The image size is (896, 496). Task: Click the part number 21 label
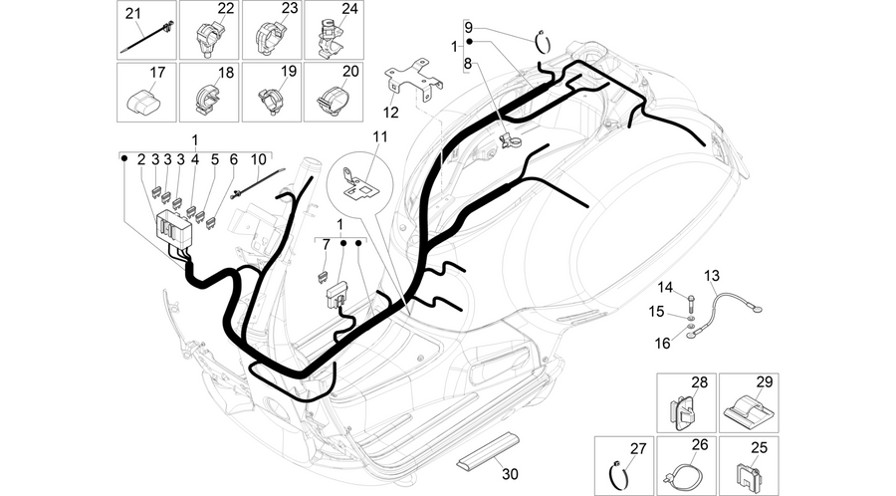(133, 13)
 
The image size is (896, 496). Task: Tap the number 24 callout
(350, 9)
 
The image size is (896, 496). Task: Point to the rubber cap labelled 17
(142, 102)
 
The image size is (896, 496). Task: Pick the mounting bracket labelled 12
(415, 80)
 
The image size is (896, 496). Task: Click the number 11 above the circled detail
(380, 137)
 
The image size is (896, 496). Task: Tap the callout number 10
(258, 159)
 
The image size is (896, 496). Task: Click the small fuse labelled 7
(323, 277)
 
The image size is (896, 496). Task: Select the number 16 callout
(662, 343)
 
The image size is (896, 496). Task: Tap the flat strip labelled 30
(488, 448)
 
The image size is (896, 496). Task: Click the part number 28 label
(700, 382)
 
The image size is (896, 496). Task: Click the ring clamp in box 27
(619, 473)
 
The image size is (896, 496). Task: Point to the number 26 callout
(700, 444)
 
